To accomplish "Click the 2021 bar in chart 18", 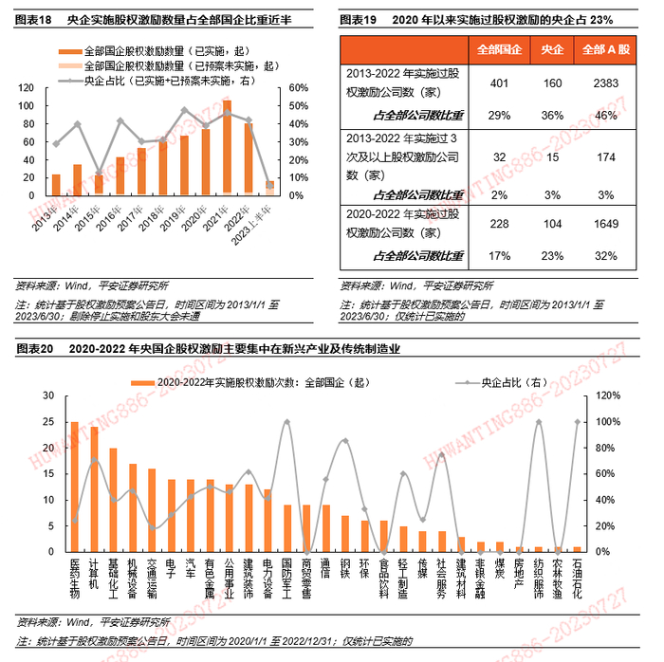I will (227, 148).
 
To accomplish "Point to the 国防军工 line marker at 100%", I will (287, 422).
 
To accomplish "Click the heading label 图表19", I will (356, 19).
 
